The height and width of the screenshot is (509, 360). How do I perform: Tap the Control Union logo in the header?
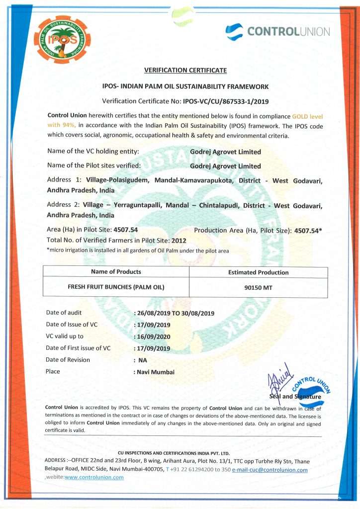tap(277, 32)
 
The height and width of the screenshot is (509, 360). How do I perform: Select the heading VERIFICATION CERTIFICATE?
tap(185, 70)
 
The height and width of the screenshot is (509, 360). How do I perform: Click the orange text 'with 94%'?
tap(62, 125)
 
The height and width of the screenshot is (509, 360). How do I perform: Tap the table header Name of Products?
tap(116, 272)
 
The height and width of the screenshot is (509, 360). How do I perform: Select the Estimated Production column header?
tap(258, 272)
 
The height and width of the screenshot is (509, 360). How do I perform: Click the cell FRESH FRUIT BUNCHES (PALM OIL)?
tap(116, 287)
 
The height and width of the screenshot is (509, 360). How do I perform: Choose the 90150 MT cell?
tap(258, 287)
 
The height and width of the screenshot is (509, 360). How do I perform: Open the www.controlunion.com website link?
tap(94, 478)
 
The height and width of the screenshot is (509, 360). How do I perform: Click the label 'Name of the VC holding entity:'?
tap(93, 151)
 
